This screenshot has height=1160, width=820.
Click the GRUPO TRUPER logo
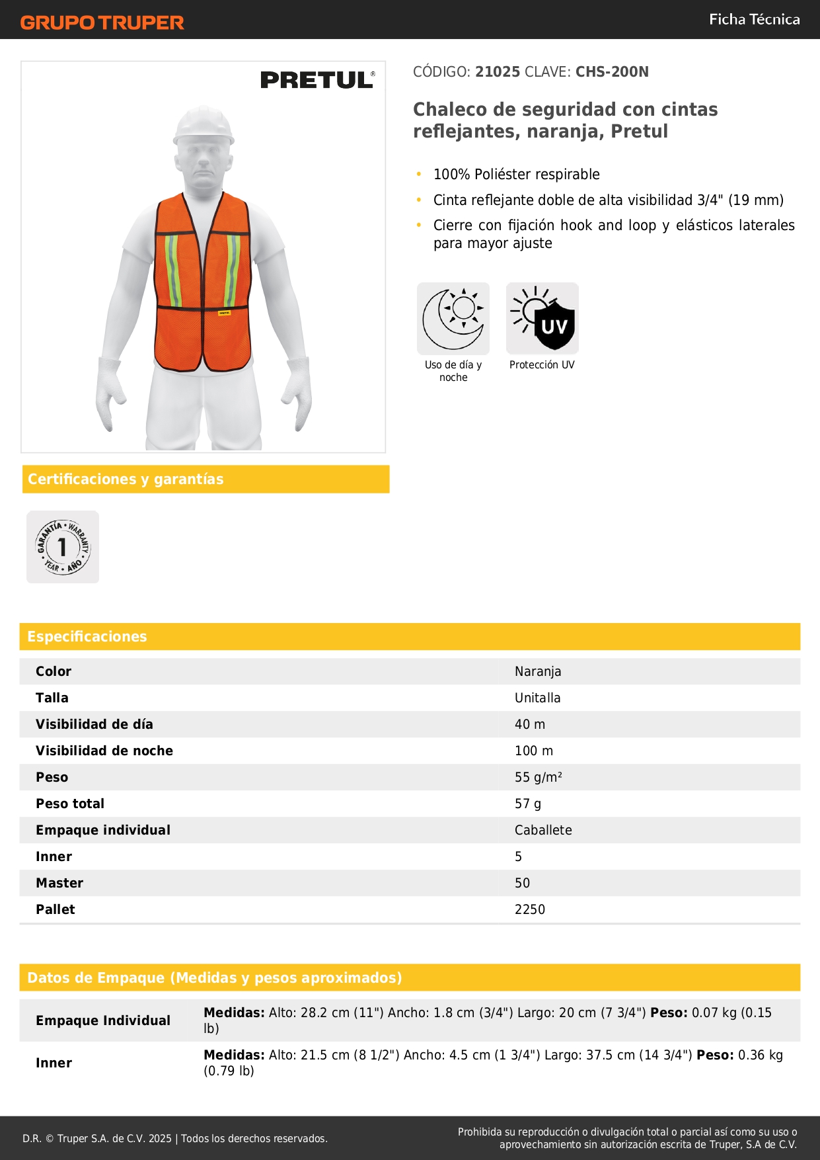(x=102, y=22)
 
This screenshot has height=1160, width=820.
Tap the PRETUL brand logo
(x=317, y=80)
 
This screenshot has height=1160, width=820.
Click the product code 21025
(x=498, y=71)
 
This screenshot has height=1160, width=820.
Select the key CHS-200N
(x=612, y=71)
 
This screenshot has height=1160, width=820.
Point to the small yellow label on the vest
(x=225, y=312)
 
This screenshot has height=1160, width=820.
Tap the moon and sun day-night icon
(x=453, y=319)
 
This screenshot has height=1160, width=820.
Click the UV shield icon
(x=542, y=319)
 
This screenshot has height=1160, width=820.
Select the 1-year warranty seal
(x=63, y=547)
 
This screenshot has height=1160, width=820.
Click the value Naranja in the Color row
(x=538, y=671)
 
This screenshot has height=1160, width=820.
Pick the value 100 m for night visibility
(x=534, y=751)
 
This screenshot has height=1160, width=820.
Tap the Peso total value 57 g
(x=528, y=804)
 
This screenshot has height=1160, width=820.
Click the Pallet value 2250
(x=530, y=909)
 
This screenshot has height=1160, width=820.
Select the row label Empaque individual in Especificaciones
(x=103, y=830)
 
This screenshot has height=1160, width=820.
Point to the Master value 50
(x=523, y=883)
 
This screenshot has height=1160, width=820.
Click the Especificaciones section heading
(x=87, y=636)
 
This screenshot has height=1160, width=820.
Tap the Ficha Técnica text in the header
(x=754, y=19)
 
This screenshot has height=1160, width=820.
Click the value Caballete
(x=543, y=830)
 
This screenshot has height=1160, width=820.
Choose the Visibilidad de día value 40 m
(x=530, y=724)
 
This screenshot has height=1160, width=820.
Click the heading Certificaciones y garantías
(x=126, y=479)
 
